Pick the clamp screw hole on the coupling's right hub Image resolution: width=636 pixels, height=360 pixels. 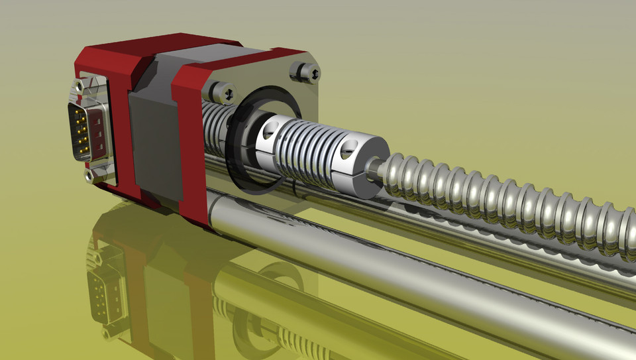coord(345,153)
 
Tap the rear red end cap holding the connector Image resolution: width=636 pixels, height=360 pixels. coord(119,119)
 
